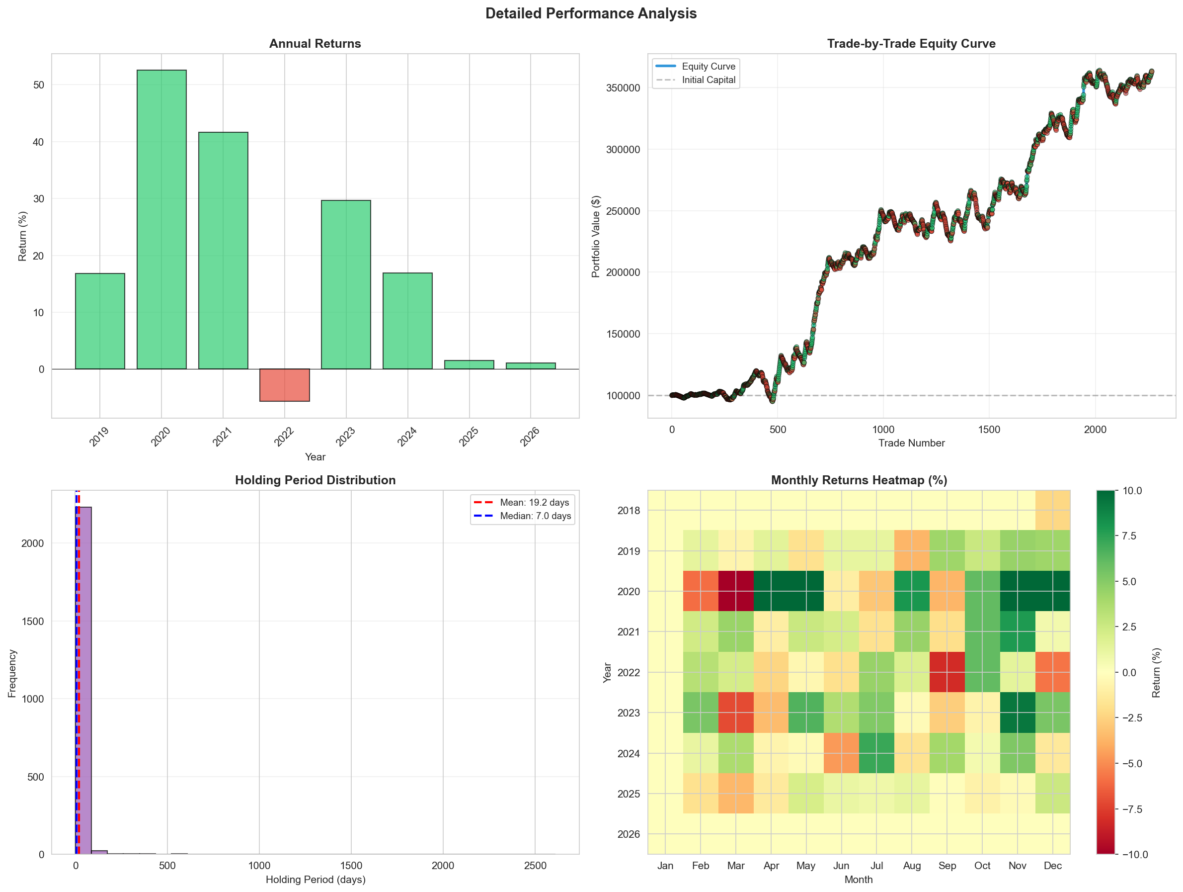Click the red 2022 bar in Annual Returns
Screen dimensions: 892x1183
[x=284, y=385]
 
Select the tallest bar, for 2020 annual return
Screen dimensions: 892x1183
[x=161, y=219]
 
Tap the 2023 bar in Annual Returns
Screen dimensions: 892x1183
[x=345, y=285]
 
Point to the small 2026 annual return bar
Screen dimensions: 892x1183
[x=531, y=366]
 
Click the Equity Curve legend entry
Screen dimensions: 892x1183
[x=708, y=66]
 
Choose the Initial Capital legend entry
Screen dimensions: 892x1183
[x=708, y=80]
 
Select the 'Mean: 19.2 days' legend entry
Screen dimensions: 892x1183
[x=534, y=503]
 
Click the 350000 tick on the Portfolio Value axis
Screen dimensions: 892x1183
[x=623, y=88]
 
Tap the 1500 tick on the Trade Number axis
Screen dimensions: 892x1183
[x=989, y=430]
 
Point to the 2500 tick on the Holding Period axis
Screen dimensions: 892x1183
[x=535, y=866]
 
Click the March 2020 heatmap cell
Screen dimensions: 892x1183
[x=736, y=591]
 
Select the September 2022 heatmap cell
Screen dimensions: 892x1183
[x=947, y=672]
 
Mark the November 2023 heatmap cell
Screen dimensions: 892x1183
[x=1017, y=713]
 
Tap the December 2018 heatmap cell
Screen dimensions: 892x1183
[x=1052, y=510]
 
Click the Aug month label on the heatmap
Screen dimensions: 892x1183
[x=912, y=866]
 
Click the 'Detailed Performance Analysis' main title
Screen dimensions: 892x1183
[x=591, y=13]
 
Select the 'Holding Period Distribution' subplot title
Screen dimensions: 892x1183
[x=315, y=480]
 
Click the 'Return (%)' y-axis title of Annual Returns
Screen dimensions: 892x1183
[x=22, y=236]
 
